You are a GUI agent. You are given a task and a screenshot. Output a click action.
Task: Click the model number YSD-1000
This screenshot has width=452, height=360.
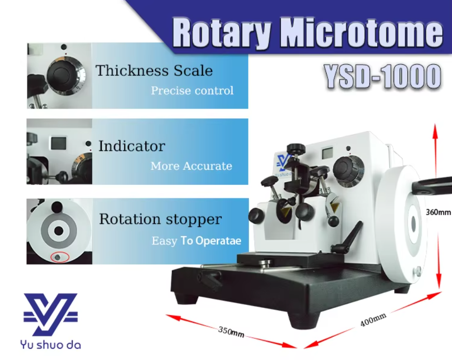click(383, 76)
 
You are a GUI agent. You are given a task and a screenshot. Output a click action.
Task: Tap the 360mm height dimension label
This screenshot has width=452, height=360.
click(438, 212)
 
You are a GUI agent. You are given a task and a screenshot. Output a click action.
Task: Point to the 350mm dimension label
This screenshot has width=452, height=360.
click(231, 332)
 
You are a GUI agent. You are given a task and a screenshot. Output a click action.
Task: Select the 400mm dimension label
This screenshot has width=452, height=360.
click(373, 319)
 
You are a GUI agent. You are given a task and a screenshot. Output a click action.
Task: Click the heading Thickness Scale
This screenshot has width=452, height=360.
click(154, 70)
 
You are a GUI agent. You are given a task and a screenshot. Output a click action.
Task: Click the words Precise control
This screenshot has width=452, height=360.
click(192, 91)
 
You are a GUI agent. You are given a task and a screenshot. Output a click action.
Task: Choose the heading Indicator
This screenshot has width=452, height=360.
click(132, 146)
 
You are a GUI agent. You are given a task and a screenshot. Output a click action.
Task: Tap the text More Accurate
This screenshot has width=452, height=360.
click(192, 166)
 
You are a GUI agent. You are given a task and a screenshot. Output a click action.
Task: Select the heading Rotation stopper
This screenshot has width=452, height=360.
click(160, 219)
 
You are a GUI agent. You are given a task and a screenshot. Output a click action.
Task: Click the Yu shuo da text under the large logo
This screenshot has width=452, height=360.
click(51, 345)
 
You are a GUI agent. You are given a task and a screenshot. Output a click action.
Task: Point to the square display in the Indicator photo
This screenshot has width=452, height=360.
click(58, 143)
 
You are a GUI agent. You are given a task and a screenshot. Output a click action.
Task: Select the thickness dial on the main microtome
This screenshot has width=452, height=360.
click(348, 169)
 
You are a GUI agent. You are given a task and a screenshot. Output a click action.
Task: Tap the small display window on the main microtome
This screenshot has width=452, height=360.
click(327, 152)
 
